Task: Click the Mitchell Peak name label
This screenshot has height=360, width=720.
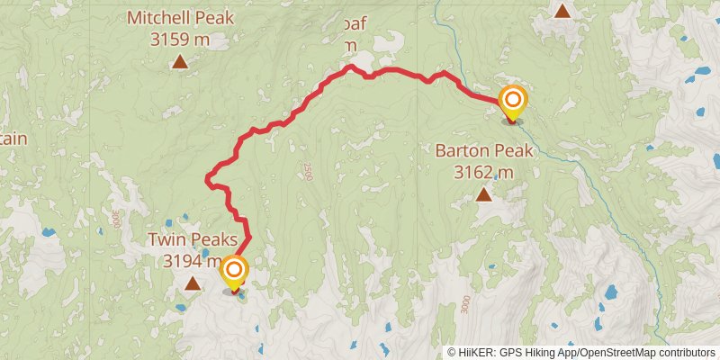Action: coord(180,16)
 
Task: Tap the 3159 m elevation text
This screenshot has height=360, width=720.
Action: coord(180,39)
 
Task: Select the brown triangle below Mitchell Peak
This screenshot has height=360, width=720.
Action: coord(180,62)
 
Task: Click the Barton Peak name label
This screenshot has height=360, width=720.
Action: coord(484,150)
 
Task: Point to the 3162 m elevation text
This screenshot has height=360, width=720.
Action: coord(484,172)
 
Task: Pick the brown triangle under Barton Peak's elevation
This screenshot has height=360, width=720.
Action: coord(484,194)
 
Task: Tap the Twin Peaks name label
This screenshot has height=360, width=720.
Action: coord(193,240)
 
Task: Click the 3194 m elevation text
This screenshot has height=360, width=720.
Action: coord(191,261)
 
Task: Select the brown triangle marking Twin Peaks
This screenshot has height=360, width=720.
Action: coord(193,284)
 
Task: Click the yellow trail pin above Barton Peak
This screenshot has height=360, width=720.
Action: coord(512,102)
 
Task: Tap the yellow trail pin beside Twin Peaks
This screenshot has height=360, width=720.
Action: coord(234,272)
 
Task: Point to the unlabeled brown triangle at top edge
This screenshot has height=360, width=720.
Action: coord(562,11)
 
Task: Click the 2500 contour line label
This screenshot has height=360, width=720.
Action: coord(307,172)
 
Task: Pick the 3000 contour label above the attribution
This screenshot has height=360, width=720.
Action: coord(464,305)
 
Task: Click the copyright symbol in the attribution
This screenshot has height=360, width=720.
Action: coord(452,353)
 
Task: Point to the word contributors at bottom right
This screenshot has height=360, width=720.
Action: coord(688,353)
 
